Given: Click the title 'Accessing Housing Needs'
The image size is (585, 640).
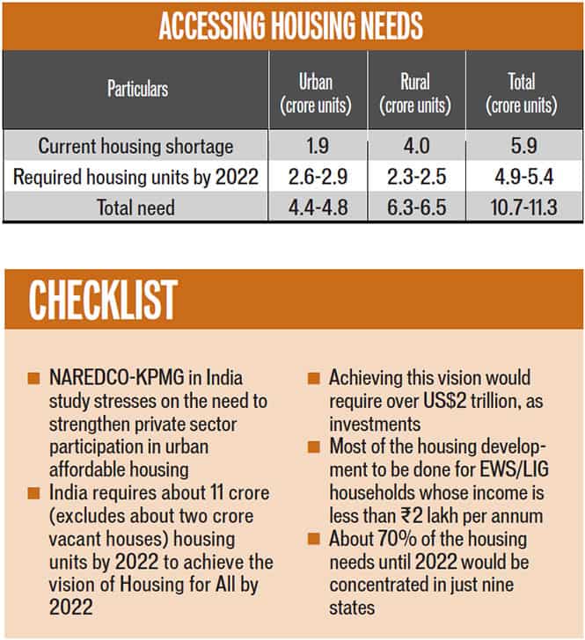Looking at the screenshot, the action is click(290, 25).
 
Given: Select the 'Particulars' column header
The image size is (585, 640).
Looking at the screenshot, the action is click(137, 89).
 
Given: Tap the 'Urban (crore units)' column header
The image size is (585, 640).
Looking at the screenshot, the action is click(316, 93).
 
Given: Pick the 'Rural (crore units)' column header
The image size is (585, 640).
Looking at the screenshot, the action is click(415, 93).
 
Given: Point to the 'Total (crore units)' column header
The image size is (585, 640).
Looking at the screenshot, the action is click(522, 93).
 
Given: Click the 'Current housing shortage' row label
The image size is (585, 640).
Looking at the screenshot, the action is click(135, 146).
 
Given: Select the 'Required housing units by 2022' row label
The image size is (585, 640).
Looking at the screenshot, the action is click(135, 177).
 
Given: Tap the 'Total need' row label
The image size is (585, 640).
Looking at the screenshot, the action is click(135, 207).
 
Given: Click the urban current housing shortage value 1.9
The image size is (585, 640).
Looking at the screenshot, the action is click(318, 146).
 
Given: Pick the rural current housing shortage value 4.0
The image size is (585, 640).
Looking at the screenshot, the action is click(416, 146).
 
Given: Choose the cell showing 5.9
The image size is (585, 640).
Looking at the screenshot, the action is click(523, 146).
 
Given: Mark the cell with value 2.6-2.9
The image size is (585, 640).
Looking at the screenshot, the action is click(318, 177).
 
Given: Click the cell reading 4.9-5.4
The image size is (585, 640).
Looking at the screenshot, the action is click(524, 177).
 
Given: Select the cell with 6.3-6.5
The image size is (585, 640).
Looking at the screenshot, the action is click(417, 207).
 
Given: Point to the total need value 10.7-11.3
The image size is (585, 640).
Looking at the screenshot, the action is click(523, 207).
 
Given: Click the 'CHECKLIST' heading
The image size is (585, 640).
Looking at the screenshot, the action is click(103, 300).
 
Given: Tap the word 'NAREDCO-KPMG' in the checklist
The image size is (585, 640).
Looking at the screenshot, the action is click(117, 377).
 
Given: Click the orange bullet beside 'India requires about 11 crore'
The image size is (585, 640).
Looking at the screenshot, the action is click(33, 493).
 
